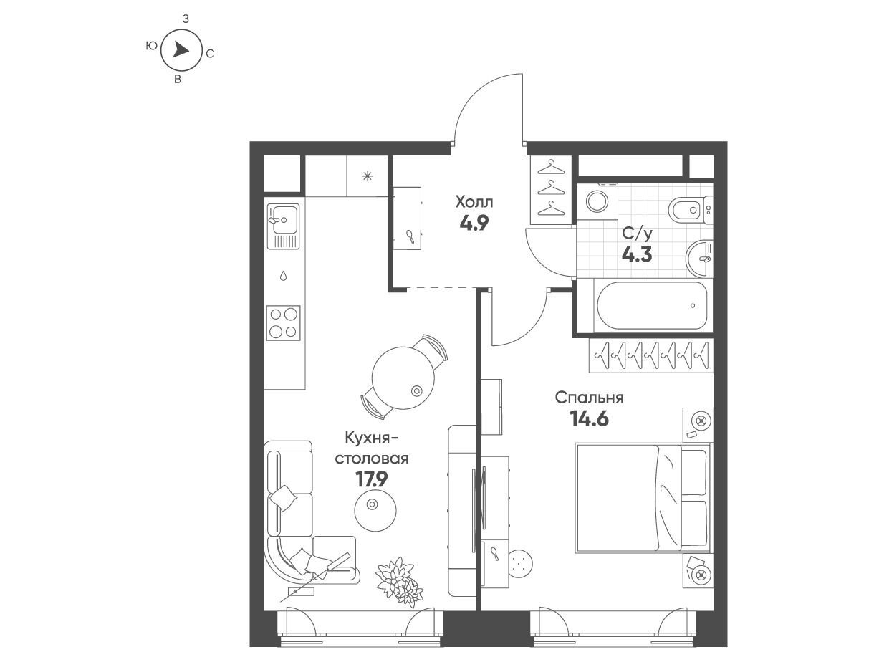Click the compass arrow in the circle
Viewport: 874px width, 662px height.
pyautogui.click(x=180, y=51)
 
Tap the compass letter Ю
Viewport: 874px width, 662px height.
pyautogui.click(x=151, y=47)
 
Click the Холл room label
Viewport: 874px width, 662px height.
pyautogui.click(x=474, y=202)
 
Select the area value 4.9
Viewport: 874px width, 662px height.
pyautogui.click(x=474, y=224)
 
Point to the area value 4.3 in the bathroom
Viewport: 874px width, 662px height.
pyautogui.click(x=637, y=254)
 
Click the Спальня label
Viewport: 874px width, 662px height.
pyautogui.click(x=589, y=398)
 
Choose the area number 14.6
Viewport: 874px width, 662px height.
pyautogui.click(x=590, y=418)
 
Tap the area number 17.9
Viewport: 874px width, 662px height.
pyautogui.click(x=372, y=480)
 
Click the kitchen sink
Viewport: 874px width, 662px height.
pyautogui.click(x=283, y=226)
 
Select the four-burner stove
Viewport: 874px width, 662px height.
pyautogui.click(x=283, y=323)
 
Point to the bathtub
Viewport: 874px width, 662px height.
pyautogui.click(x=652, y=305)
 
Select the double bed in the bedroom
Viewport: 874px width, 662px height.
pyautogui.click(x=643, y=499)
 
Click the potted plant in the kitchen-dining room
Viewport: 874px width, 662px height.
pyautogui.click(x=399, y=582)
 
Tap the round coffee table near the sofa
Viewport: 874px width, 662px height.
pyautogui.click(x=375, y=510)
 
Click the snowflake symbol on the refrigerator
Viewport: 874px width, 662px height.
pyautogui.click(x=367, y=176)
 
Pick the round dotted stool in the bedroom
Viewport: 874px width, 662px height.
pyautogui.click(x=522, y=563)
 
